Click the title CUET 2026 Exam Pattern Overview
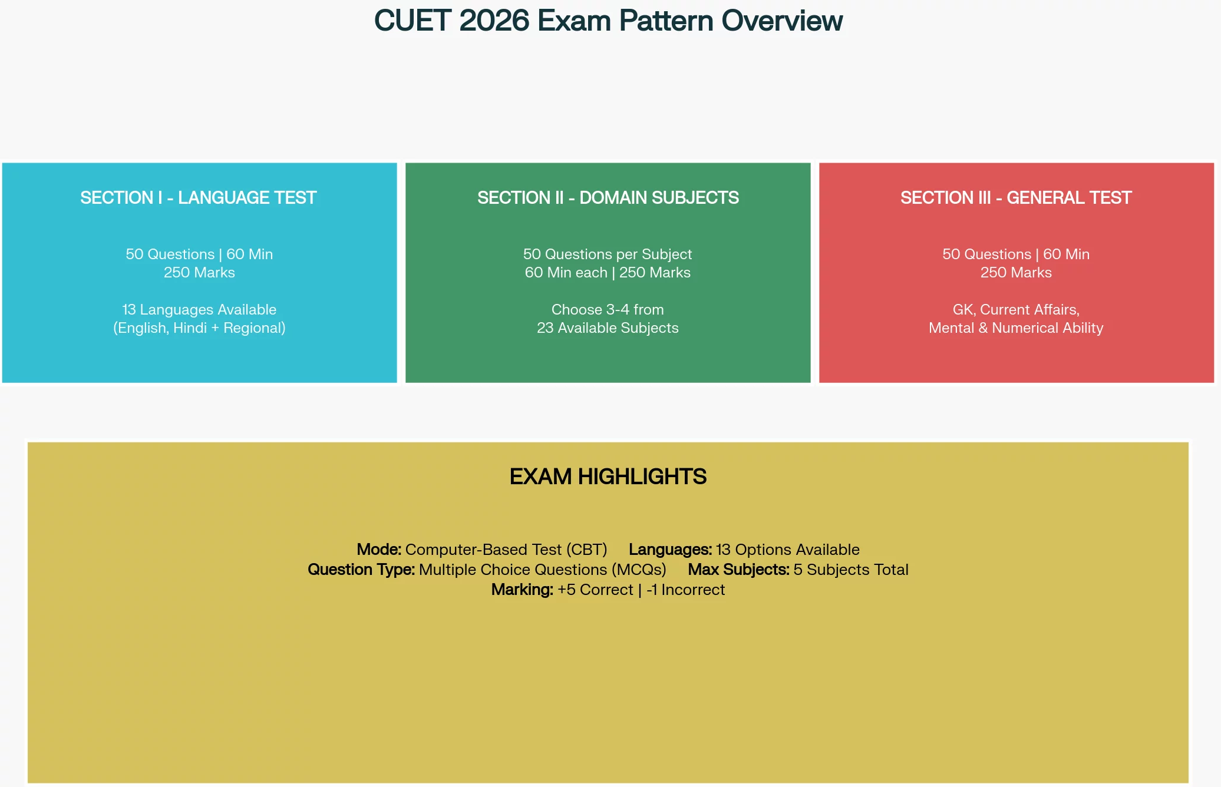(x=608, y=21)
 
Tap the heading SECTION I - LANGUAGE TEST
(x=199, y=197)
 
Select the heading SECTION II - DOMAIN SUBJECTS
(x=608, y=197)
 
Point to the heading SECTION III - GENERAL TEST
(x=1016, y=197)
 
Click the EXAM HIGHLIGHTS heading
(x=608, y=477)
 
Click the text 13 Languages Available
(x=199, y=309)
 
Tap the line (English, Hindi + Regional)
(x=199, y=328)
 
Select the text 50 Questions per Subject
(x=608, y=254)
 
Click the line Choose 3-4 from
(x=608, y=309)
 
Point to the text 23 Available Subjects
(x=608, y=328)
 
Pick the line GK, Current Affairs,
(x=1016, y=310)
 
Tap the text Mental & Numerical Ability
(x=1016, y=328)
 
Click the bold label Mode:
(x=379, y=550)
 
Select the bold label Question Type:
(x=361, y=570)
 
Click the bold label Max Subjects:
(x=738, y=570)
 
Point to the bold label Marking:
(x=522, y=590)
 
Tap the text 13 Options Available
(x=788, y=550)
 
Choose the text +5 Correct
(x=595, y=590)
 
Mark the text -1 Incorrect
(x=685, y=590)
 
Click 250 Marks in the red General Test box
(x=1016, y=272)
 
